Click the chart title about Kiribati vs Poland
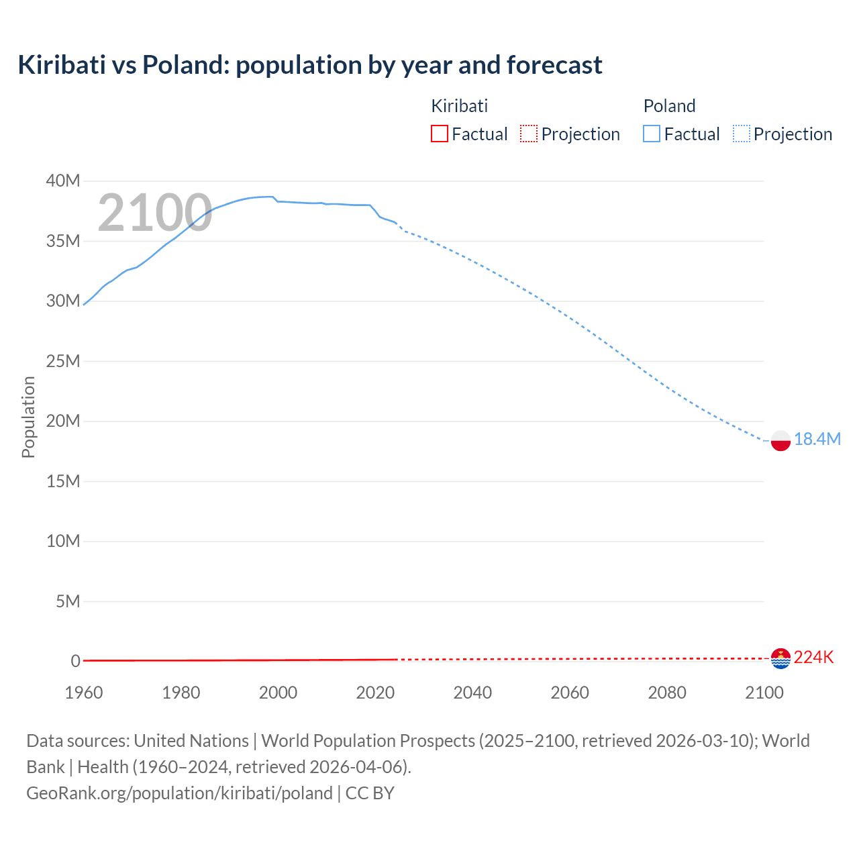pos(309,65)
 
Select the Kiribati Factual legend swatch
pos(439,134)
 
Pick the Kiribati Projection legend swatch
pos(529,134)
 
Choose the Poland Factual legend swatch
pos(651,134)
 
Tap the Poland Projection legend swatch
pos(742,134)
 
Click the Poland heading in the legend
pos(669,106)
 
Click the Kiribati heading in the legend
pos(459,106)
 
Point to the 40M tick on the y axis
pos(63,181)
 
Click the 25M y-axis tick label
pos(63,362)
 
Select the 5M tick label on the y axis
pos(68,601)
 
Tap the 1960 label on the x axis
pos(84,693)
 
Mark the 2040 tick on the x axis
pos(472,693)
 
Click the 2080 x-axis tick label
pos(667,693)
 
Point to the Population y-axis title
pos(28,417)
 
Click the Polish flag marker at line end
pos(780,441)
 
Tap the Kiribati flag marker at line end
pos(780,658)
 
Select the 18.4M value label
pos(817,439)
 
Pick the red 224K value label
pos(813,658)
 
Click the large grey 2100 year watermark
pos(155,213)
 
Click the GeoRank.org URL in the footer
pos(179,793)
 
